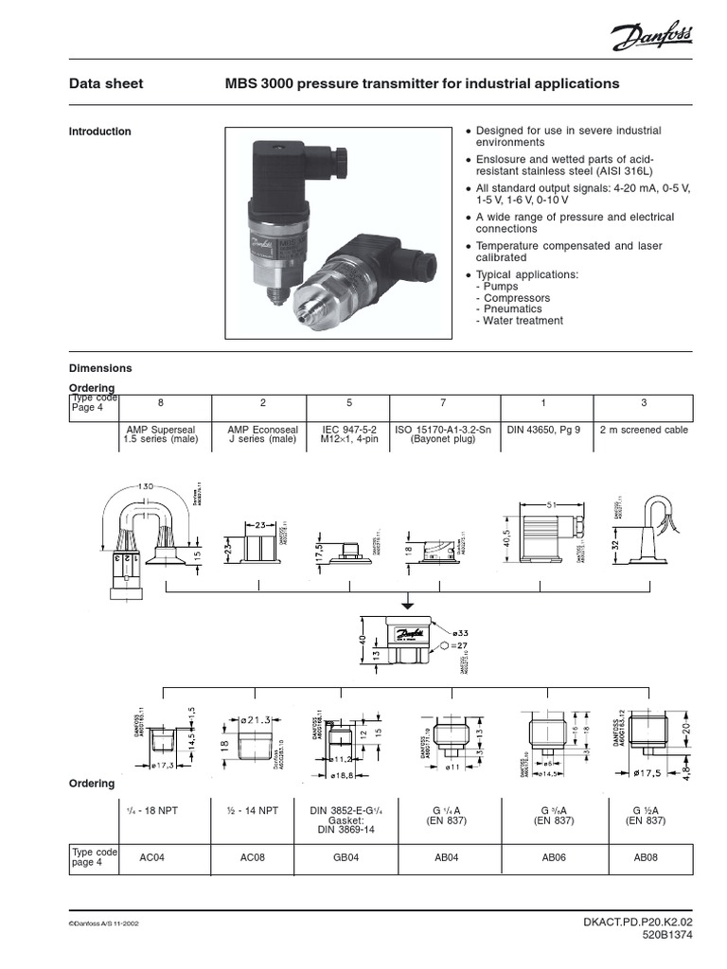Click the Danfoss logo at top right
pyautogui.click(x=652, y=39)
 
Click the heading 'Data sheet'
pyautogui.click(x=106, y=84)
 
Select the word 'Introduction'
pyautogui.click(x=99, y=132)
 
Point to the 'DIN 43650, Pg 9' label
pyautogui.click(x=543, y=430)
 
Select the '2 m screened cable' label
pyautogui.click(x=644, y=430)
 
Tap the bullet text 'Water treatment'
pyautogui.click(x=523, y=321)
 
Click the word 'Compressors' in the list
pyautogui.click(x=516, y=298)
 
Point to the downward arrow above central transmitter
pyautogui.click(x=407, y=603)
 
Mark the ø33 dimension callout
pyautogui.click(x=461, y=632)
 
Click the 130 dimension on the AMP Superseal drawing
pyautogui.click(x=145, y=486)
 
